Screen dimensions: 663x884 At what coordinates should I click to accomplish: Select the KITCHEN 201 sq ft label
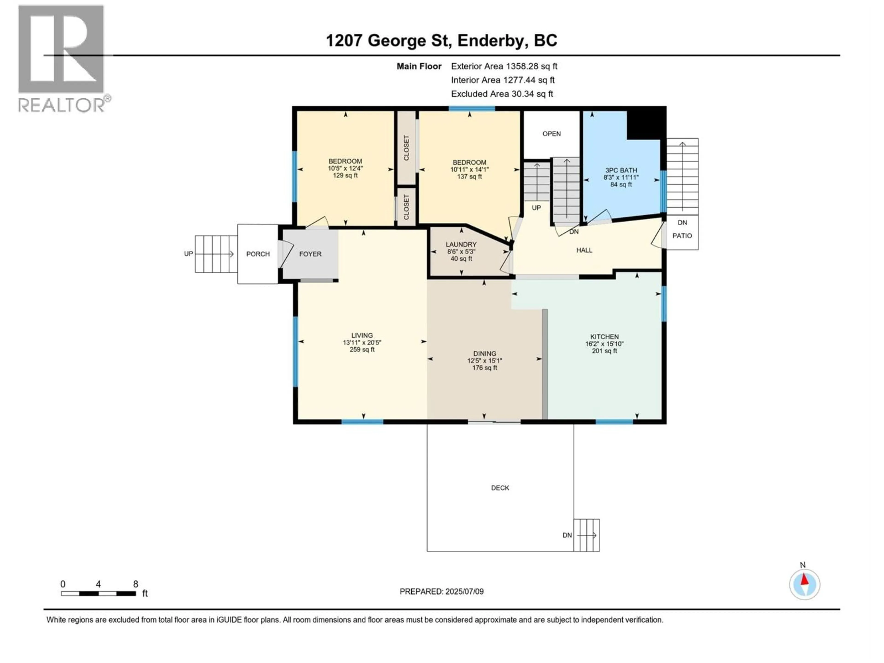604,344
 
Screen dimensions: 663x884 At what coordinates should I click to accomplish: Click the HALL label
584,250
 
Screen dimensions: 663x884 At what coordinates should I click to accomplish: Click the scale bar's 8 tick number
135,584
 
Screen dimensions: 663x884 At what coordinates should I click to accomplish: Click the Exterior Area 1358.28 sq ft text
504,66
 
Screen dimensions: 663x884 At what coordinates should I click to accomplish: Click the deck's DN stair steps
587,535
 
